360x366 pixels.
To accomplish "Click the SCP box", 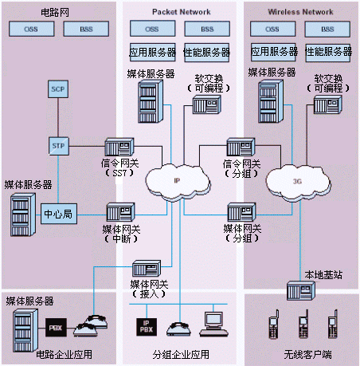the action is click(58, 89).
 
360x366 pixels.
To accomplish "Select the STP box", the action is click(59, 146).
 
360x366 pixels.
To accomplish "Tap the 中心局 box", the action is click(59, 214).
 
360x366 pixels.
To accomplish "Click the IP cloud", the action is click(177, 181).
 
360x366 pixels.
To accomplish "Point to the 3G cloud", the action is click(298, 182).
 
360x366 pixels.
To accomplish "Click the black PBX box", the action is click(56, 328).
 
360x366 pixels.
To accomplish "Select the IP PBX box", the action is click(147, 327).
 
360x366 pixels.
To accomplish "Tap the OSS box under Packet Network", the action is click(152, 29).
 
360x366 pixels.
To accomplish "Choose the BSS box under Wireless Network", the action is click(327, 29).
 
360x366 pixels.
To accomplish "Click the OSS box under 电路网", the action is click(31, 29).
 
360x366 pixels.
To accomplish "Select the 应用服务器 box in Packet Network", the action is click(152, 53).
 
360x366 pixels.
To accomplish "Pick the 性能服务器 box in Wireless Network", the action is click(328, 53).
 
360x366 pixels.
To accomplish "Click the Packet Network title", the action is click(182, 12).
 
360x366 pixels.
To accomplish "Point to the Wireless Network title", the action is click(300, 12).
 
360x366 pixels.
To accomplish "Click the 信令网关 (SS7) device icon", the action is click(119, 147).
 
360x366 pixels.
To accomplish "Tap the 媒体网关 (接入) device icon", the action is click(147, 268).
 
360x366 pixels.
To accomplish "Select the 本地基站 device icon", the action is click(301, 290).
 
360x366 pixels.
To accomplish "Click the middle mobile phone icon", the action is click(303, 324).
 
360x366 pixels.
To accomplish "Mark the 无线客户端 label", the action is click(307, 355).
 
